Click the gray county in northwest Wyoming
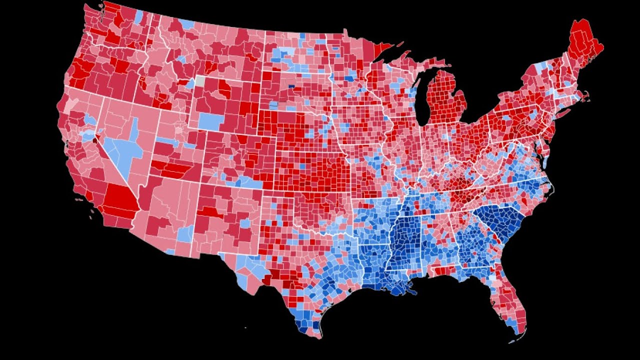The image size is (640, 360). pyautogui.click(x=200, y=80)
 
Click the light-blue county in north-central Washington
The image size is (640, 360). pyautogui.click(x=138, y=16)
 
